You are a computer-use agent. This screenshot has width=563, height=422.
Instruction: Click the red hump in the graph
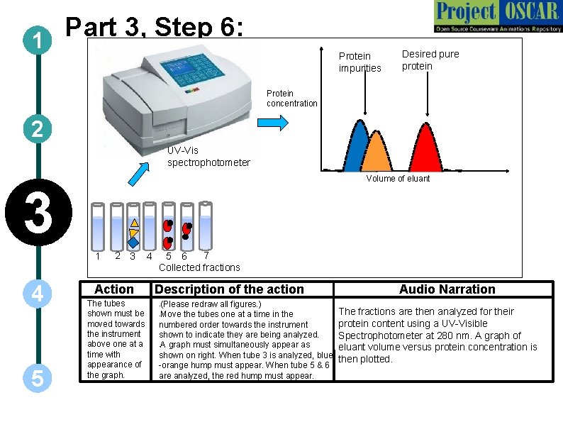coord(424,150)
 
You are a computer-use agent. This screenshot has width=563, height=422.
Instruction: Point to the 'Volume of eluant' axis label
coord(398,179)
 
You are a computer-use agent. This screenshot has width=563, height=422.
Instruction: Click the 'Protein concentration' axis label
coord(292,99)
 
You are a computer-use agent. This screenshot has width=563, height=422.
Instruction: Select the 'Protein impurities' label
coord(359,62)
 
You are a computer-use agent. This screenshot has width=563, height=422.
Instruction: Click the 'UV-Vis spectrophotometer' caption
coord(208,157)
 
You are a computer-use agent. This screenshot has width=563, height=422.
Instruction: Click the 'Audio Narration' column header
coord(447,289)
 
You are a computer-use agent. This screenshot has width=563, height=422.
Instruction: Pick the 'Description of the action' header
coord(229,289)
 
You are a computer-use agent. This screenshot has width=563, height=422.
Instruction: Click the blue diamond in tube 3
coord(133,242)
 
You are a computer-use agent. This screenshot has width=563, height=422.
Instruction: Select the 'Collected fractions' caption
coord(199,267)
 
